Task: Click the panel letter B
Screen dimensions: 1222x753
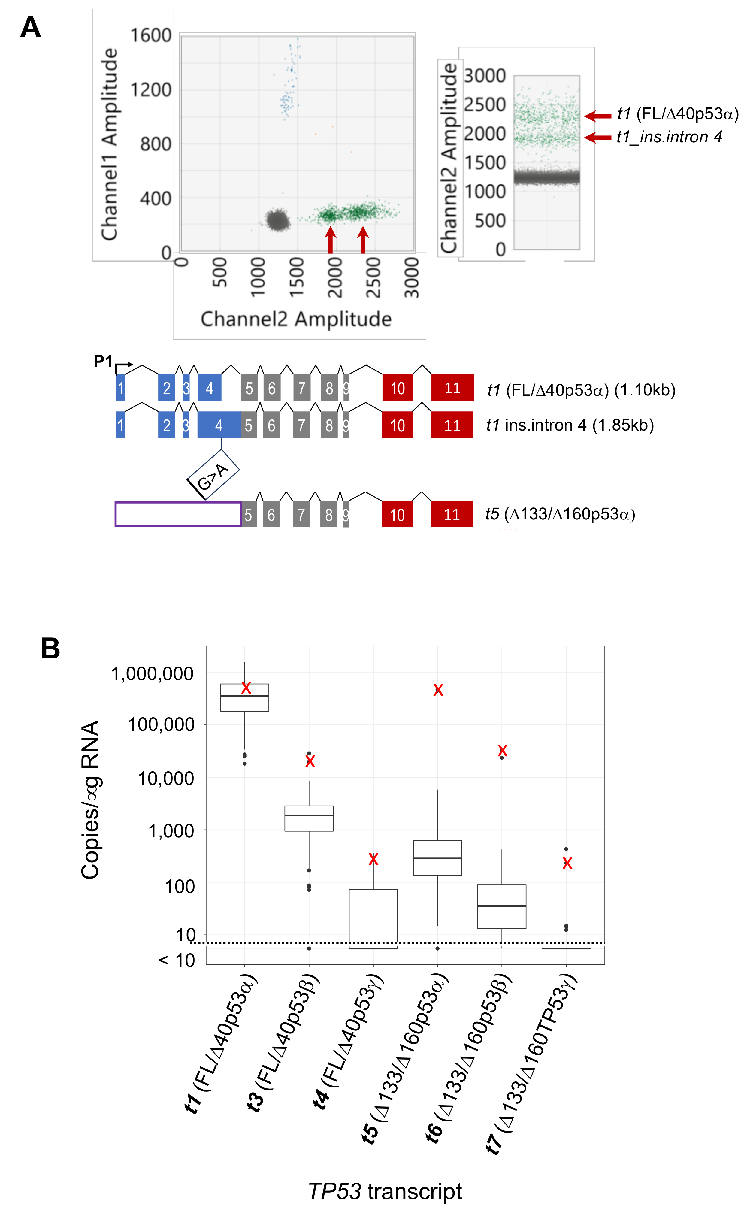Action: (x=50, y=649)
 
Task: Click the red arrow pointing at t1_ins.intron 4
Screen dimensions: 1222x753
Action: (x=597, y=137)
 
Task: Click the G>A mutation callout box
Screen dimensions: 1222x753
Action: (x=213, y=475)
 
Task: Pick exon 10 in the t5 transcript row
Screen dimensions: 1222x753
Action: (x=397, y=514)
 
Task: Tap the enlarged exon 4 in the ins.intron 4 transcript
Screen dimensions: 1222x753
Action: (x=219, y=425)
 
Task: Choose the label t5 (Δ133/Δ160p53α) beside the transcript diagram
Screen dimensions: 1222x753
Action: (x=560, y=514)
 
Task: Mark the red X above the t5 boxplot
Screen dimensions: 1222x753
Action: (x=438, y=690)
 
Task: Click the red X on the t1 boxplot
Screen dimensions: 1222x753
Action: (x=246, y=688)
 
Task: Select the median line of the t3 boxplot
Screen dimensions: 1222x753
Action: (x=309, y=815)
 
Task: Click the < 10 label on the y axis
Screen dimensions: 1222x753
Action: (x=177, y=960)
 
